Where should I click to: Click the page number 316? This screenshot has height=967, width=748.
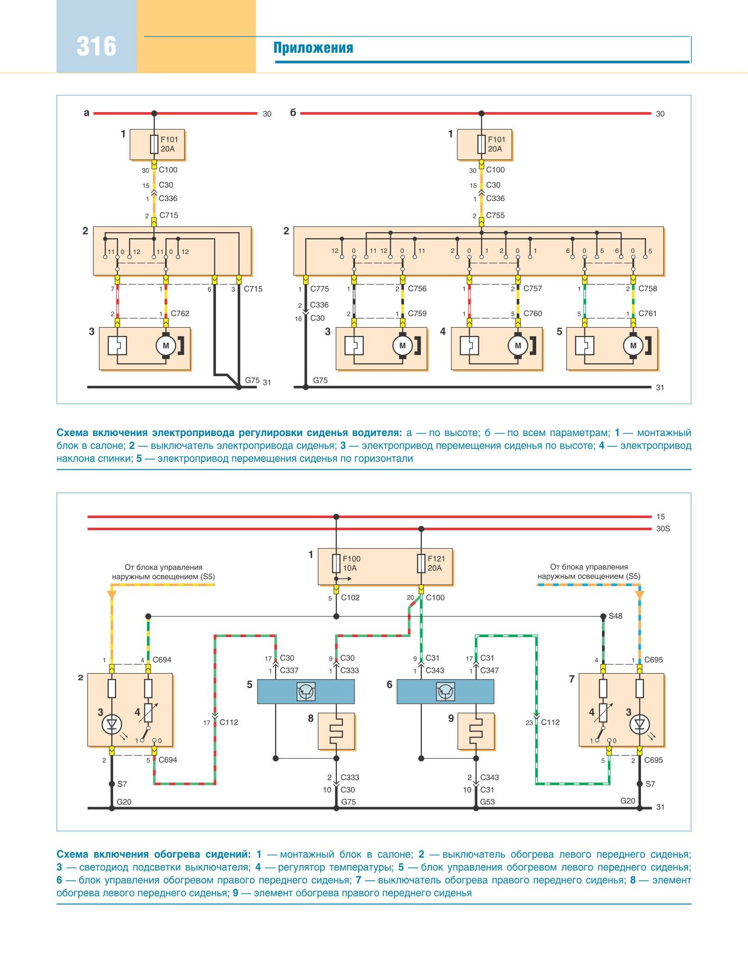tap(96, 46)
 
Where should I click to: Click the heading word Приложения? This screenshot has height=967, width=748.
tap(313, 48)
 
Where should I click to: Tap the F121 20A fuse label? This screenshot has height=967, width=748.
tap(435, 563)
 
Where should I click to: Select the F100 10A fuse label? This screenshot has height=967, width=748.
tap(351, 563)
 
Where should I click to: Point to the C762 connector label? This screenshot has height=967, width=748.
tap(180, 313)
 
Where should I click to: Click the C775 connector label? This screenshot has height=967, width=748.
tap(319, 289)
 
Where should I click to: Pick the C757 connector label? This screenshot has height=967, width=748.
tap(532, 288)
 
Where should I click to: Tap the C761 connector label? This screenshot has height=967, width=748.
tap(647, 313)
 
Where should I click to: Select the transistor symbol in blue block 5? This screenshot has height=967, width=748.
tap(306, 692)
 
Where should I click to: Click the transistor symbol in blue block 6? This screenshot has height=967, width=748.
tap(445, 692)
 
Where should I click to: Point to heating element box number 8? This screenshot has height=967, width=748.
tap(336, 731)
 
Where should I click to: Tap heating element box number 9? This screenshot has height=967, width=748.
tap(476, 731)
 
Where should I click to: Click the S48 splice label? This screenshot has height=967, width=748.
tap(615, 616)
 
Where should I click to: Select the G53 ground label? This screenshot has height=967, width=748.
tap(487, 802)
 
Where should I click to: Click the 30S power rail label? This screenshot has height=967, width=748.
tap(663, 529)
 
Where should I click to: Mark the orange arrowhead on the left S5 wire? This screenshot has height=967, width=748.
tap(112, 594)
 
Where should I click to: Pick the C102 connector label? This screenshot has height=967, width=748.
tap(350, 598)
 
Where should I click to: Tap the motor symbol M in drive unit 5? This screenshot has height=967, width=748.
tap(633, 345)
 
